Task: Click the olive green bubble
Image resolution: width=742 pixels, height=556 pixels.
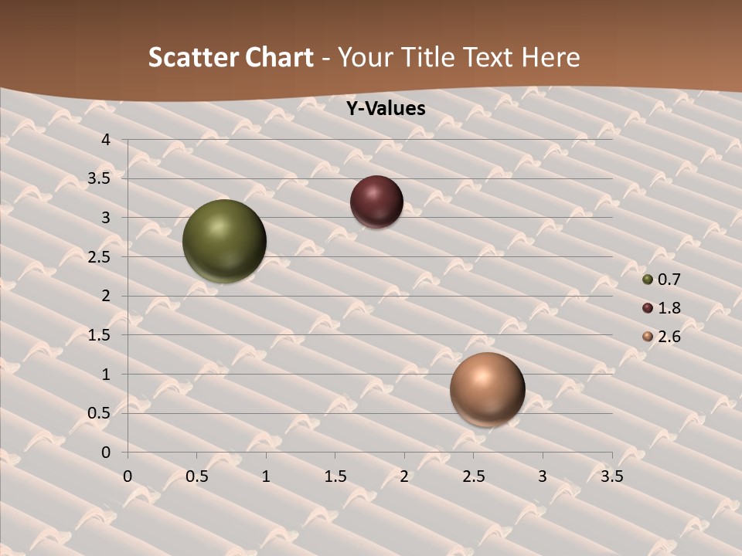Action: click(224, 241)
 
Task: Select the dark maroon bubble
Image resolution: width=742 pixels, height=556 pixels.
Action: click(376, 202)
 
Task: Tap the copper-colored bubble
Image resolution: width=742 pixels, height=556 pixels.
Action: click(487, 389)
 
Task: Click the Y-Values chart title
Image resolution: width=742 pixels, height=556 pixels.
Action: click(385, 109)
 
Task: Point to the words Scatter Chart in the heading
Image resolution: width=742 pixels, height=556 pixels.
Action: click(230, 57)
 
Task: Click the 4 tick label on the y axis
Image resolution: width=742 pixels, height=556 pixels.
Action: click(106, 140)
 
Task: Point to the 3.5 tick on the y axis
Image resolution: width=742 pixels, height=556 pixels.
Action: click(99, 179)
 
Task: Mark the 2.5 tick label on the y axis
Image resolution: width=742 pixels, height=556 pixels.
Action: click(99, 257)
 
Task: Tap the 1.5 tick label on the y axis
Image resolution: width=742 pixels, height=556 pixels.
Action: click(99, 335)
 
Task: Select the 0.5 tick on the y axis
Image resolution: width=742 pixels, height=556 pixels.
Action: click(99, 413)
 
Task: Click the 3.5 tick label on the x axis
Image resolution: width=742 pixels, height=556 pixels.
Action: click(612, 476)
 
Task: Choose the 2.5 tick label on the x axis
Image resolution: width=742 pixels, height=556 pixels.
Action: click(474, 476)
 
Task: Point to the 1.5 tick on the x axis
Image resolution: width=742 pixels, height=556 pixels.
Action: click(335, 476)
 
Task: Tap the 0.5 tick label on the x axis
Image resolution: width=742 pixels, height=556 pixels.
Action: click(197, 476)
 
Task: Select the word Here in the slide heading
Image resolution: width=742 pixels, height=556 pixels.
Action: click(550, 57)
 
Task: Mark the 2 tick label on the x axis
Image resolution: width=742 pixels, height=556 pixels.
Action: click(404, 476)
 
